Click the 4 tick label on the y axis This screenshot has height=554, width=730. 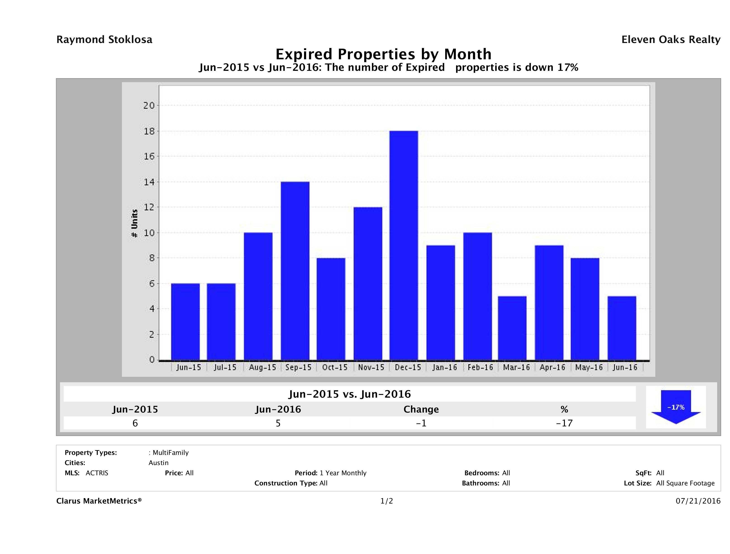tap(152, 309)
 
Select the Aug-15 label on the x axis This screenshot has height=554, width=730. tap(262, 368)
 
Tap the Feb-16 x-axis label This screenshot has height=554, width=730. tap(480, 368)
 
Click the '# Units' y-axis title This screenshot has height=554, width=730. tap(134, 224)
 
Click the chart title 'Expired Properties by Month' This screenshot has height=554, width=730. tap(383, 54)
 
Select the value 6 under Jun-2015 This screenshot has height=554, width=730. tap(135, 423)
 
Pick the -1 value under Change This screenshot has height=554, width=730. tap(421, 423)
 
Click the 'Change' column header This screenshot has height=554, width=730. tap(421, 409)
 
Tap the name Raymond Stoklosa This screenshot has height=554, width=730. tap(104, 40)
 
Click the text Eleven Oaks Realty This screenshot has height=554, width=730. tap(671, 40)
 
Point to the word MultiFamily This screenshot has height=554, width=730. tap(171, 453)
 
